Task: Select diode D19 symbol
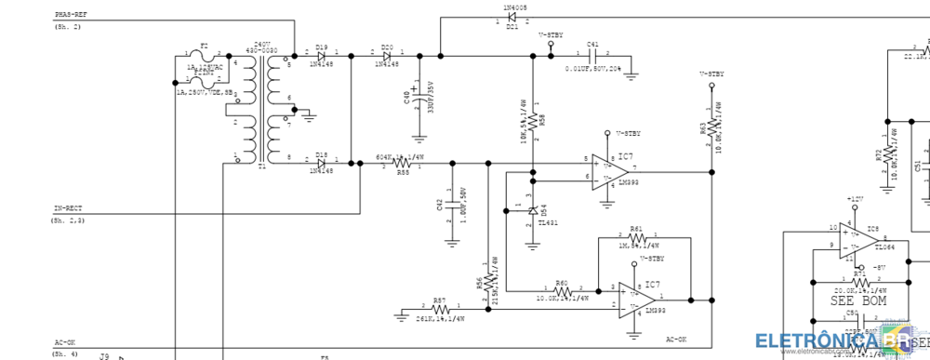coord(321,56)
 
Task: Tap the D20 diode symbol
coord(387,56)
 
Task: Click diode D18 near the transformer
coord(321,163)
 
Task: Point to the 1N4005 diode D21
coord(511,17)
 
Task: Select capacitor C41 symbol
coord(592,56)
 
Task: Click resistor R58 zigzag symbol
coord(533,119)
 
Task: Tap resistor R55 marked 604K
coord(403,163)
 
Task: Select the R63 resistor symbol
coord(711,126)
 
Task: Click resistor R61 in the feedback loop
coord(636,237)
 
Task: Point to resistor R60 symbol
coord(562,288)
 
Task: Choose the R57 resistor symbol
coord(439,309)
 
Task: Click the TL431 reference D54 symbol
coord(533,211)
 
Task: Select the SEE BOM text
coord(858,300)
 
